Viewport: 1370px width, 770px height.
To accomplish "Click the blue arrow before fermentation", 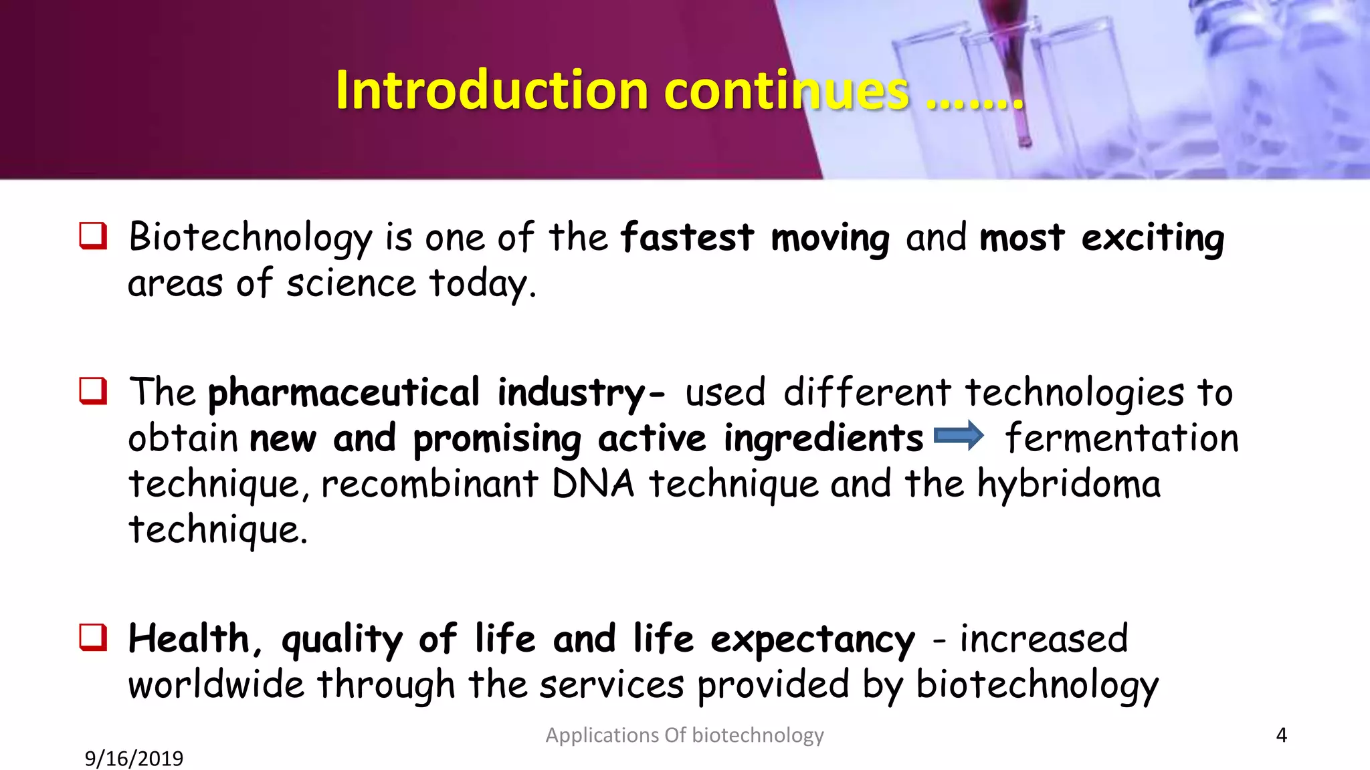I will tap(959, 436).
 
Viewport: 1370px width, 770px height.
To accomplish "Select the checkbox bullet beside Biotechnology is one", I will tap(93, 236).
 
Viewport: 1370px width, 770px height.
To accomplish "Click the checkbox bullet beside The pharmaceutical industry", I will tap(93, 391).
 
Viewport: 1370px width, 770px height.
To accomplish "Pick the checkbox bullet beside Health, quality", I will tap(93, 637).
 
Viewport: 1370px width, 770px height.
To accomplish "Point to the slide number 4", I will tap(1281, 735).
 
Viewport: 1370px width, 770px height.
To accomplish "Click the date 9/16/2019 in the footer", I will tap(134, 759).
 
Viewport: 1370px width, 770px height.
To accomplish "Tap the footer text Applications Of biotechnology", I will tap(684, 735).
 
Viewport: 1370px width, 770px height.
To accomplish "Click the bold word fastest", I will tap(687, 237).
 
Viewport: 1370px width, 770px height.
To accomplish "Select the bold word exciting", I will tap(1153, 239).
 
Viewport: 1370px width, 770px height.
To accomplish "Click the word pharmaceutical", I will tap(344, 393).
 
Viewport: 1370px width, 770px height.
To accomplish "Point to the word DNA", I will tap(593, 483).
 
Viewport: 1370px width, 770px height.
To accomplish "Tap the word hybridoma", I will tap(1068, 485).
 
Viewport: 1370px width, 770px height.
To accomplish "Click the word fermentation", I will tap(1122, 438).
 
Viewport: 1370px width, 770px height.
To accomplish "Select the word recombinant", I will tap(429, 485).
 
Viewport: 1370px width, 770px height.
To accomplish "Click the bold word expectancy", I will tap(812, 640).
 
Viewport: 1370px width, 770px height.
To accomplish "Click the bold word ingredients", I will tap(823, 440).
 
